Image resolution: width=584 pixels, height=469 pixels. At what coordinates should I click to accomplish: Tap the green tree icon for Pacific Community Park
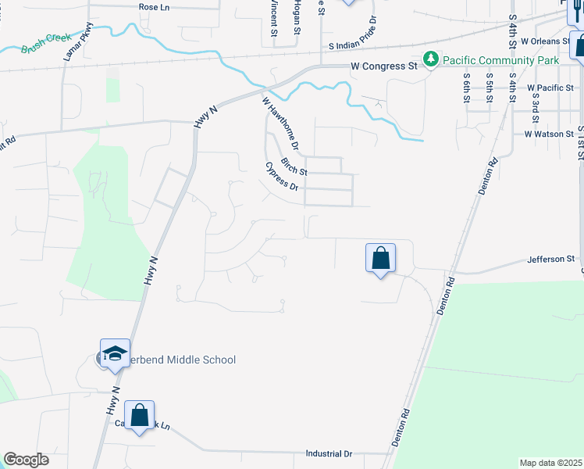coord(430,59)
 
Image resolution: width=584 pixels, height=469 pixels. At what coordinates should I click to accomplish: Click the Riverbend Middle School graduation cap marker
coord(115,353)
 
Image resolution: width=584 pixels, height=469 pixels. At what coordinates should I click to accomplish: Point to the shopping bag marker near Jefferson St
coord(380,259)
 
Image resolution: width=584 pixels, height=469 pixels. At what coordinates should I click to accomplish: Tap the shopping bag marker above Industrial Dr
coord(139,416)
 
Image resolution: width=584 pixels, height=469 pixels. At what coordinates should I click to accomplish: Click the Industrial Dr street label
coord(329,453)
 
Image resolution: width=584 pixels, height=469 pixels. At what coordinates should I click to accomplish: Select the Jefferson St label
coord(550,259)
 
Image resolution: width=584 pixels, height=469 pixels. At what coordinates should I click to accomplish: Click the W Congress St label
coord(383,67)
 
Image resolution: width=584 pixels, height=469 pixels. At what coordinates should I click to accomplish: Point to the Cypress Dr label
coord(282,177)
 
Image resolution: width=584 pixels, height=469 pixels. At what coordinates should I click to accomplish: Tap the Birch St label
coord(294,166)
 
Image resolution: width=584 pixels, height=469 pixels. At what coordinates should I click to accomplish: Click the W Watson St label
coord(550,134)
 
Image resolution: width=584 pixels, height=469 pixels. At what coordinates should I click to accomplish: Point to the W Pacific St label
coord(552,88)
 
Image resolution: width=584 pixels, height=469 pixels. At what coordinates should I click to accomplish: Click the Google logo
coord(26,460)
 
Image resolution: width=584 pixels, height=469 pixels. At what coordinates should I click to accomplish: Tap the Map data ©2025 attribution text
coord(550,463)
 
